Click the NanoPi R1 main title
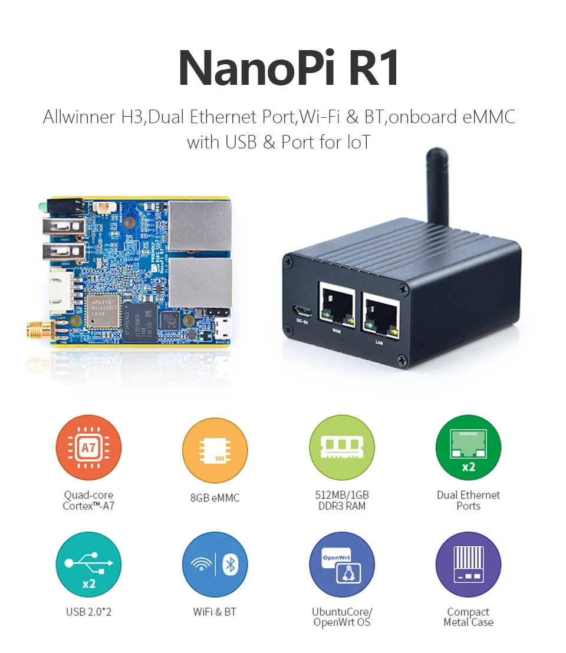288,68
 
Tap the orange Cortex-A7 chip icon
88,448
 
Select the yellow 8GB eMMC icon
215,448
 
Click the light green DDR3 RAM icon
342,448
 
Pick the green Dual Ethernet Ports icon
468,448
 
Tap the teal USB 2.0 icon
88,565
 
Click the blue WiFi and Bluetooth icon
215,565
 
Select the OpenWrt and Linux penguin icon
342,565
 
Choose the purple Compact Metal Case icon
468,565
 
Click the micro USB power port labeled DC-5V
300,311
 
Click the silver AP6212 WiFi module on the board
103,310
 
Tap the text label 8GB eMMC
215,498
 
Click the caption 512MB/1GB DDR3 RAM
342,500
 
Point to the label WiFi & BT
215,612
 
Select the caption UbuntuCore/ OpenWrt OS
342,617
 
